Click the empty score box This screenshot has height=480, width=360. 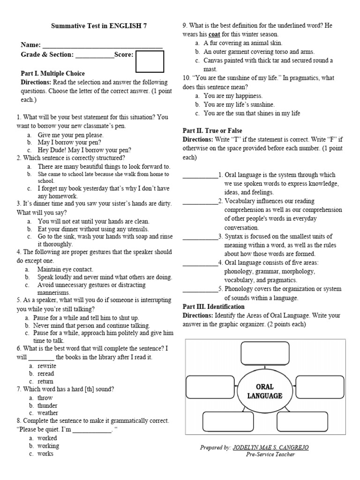(x=150, y=62)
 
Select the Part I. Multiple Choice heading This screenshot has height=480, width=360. (x=53, y=74)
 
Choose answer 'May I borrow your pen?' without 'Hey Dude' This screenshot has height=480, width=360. (x=69, y=142)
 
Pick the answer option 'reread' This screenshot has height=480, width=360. (x=46, y=374)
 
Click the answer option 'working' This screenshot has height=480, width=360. (x=48, y=446)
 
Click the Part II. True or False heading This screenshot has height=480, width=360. (x=212, y=130)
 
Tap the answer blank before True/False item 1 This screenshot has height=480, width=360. (x=200, y=175)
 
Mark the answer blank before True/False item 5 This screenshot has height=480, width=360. (x=200, y=289)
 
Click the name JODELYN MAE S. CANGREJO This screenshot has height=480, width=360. (x=271, y=448)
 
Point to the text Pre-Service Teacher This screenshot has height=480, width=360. (x=270, y=454)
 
